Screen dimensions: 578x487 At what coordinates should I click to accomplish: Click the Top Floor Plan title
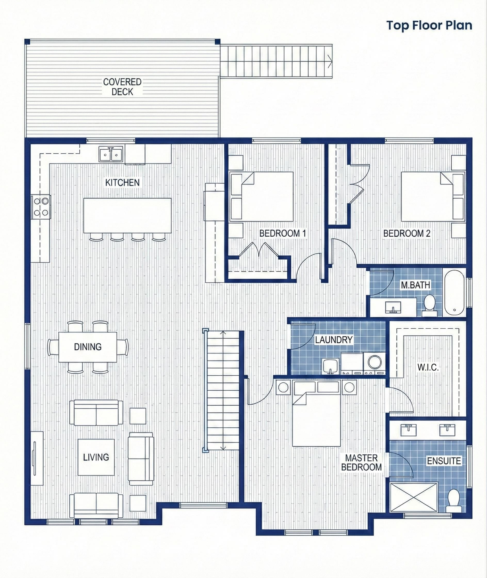(x=429, y=25)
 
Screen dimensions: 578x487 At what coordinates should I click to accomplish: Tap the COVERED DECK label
(x=122, y=87)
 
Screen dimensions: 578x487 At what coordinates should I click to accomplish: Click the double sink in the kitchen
(x=111, y=154)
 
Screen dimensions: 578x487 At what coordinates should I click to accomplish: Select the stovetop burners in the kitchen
(x=41, y=207)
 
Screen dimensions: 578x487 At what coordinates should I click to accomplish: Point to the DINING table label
(x=87, y=347)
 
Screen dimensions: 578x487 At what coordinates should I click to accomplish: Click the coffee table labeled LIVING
(x=96, y=457)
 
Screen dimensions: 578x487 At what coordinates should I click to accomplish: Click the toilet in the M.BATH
(x=429, y=306)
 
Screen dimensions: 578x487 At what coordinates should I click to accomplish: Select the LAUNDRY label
(x=334, y=340)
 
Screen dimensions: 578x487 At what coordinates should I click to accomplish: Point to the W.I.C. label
(x=428, y=367)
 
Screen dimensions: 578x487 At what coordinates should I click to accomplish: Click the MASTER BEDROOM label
(x=361, y=463)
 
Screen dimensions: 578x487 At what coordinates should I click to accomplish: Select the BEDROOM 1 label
(x=282, y=233)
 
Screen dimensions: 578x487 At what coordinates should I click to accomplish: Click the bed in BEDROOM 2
(x=427, y=197)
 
